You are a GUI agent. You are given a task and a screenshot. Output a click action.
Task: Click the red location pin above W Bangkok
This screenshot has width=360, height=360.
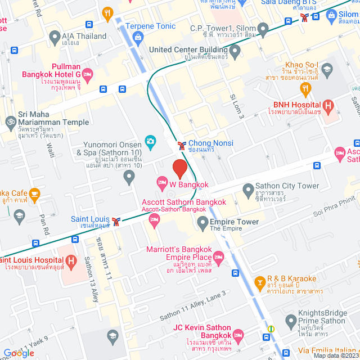coord(179,168)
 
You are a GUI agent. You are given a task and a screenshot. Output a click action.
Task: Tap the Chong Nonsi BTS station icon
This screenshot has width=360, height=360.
coord(182,145)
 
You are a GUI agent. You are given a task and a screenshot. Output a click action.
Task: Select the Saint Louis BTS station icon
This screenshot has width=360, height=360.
coord(116,220)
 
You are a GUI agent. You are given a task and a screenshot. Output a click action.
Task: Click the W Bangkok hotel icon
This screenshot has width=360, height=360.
coord(162,182)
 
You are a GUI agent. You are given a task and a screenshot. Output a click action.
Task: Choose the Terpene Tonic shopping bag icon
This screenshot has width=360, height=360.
coord(138,37)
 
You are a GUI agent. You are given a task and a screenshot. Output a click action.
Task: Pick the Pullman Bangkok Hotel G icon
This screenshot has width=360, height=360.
coord(88,74)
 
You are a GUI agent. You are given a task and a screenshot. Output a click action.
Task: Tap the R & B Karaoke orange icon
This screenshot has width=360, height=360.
coord(259,281)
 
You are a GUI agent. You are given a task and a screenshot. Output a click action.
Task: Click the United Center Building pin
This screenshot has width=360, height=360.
coord(235,51)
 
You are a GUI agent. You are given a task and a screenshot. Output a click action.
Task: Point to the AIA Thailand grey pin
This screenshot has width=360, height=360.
coord(55,38)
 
